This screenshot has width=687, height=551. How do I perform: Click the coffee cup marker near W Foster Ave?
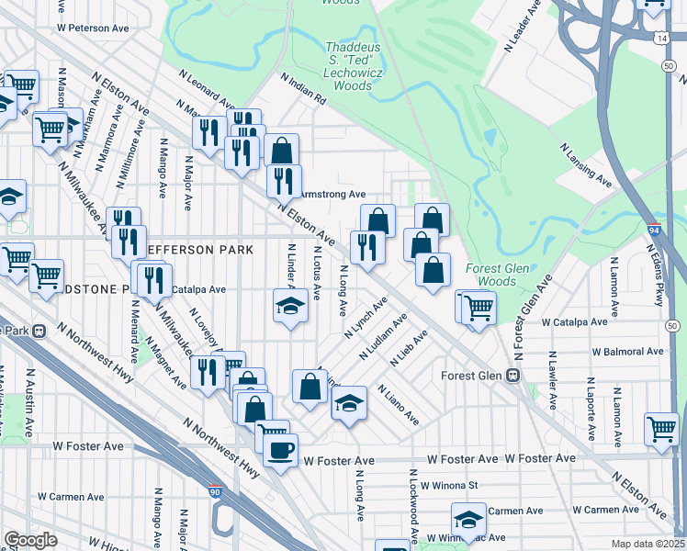pos(281,450)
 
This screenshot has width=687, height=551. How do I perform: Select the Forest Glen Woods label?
pos(490,275)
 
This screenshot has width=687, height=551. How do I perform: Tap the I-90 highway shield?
pos(215,494)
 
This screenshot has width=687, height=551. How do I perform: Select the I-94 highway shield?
pos(653,230)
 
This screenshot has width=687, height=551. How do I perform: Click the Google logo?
pos(30,540)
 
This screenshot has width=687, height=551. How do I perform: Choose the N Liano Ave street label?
pos(398,407)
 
